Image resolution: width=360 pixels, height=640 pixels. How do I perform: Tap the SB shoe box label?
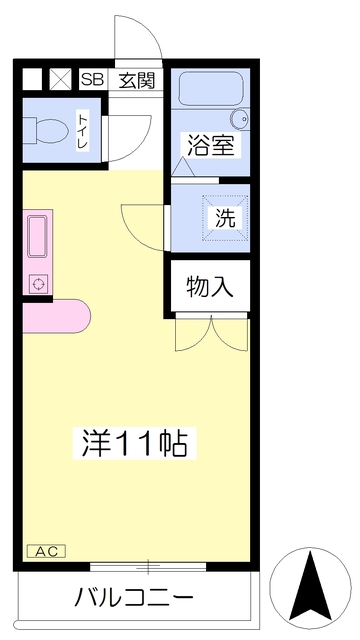click(92, 80)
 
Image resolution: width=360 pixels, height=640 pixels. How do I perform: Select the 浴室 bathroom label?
click(208, 145)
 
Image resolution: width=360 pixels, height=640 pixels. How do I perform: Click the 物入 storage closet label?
click(210, 287)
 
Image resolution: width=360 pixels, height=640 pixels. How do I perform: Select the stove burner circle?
click(38, 284)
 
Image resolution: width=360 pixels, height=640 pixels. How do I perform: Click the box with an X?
click(60, 80)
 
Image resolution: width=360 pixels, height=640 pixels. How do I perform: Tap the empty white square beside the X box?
click(33, 80)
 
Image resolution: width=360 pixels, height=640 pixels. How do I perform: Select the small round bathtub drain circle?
click(247, 117)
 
